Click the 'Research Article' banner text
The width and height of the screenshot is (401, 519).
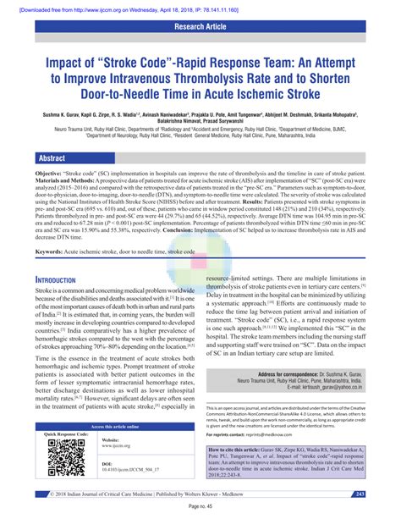200,25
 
